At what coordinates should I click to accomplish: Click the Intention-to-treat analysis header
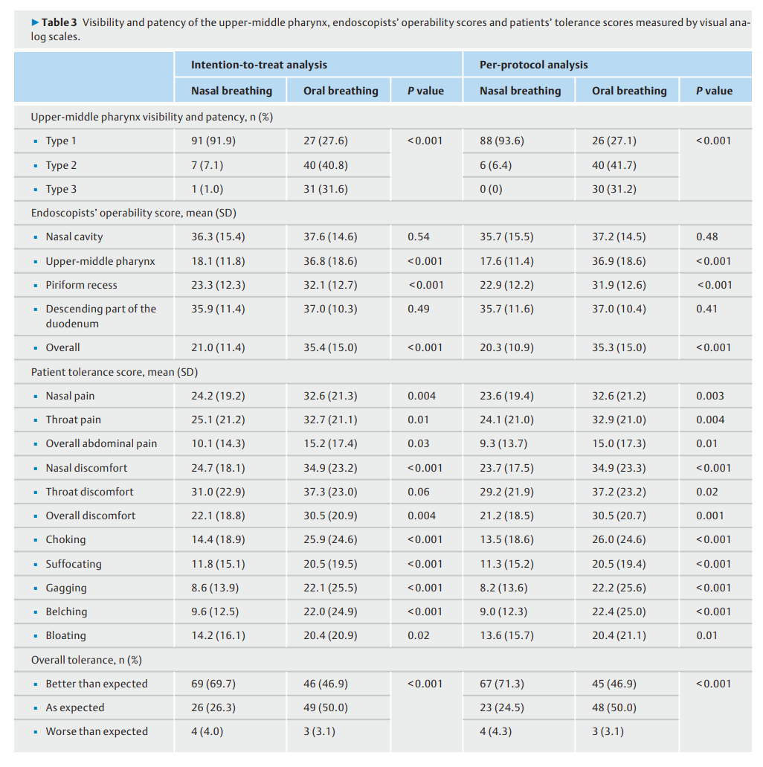[x=259, y=65]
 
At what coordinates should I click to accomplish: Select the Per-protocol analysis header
[x=534, y=65]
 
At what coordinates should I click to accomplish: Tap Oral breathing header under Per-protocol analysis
[x=629, y=91]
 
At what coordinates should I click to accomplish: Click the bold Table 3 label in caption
[x=59, y=22]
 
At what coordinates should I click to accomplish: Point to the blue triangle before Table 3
[x=35, y=22]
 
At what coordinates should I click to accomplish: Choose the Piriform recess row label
[x=81, y=285]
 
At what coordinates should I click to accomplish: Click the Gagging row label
[x=66, y=588]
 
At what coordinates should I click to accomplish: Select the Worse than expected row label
[x=97, y=732]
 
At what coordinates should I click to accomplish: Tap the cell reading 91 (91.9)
[x=213, y=141]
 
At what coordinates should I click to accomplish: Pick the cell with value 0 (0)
[x=491, y=189]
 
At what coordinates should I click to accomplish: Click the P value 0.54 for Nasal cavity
[x=418, y=237]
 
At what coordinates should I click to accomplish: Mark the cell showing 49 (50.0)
[x=325, y=707]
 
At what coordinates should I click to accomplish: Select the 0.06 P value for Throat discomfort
[x=418, y=492]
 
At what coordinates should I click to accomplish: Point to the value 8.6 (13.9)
[x=215, y=588]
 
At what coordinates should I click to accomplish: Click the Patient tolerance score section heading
[x=115, y=372]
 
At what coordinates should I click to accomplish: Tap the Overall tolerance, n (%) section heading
[x=86, y=661]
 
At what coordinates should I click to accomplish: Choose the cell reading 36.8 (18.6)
[x=330, y=261]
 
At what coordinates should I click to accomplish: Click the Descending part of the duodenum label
[x=100, y=316]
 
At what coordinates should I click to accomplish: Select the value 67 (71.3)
[x=501, y=684]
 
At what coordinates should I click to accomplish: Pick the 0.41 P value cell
[x=706, y=309]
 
